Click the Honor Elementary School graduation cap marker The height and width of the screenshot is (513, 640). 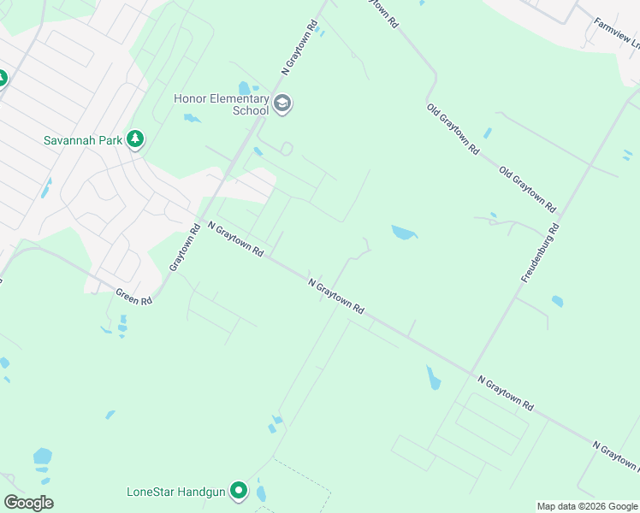coord(282,105)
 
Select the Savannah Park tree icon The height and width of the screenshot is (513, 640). coord(134,139)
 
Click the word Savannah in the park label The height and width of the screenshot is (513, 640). coord(70,140)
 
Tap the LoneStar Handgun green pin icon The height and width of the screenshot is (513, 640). coord(239,492)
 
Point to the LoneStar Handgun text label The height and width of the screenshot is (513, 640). coord(175,492)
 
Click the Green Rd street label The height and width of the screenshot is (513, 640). coord(134,297)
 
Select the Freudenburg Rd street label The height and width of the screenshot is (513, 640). coord(540,253)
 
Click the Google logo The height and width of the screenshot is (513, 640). coord(28,502)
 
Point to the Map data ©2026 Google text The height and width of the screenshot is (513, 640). coord(586,506)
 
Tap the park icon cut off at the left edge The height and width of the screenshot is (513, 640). coord(2,79)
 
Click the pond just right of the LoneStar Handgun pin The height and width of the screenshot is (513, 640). coord(261,494)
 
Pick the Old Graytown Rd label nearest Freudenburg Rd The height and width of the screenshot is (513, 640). coord(528,189)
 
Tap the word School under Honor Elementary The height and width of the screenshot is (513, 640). coord(251,111)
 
